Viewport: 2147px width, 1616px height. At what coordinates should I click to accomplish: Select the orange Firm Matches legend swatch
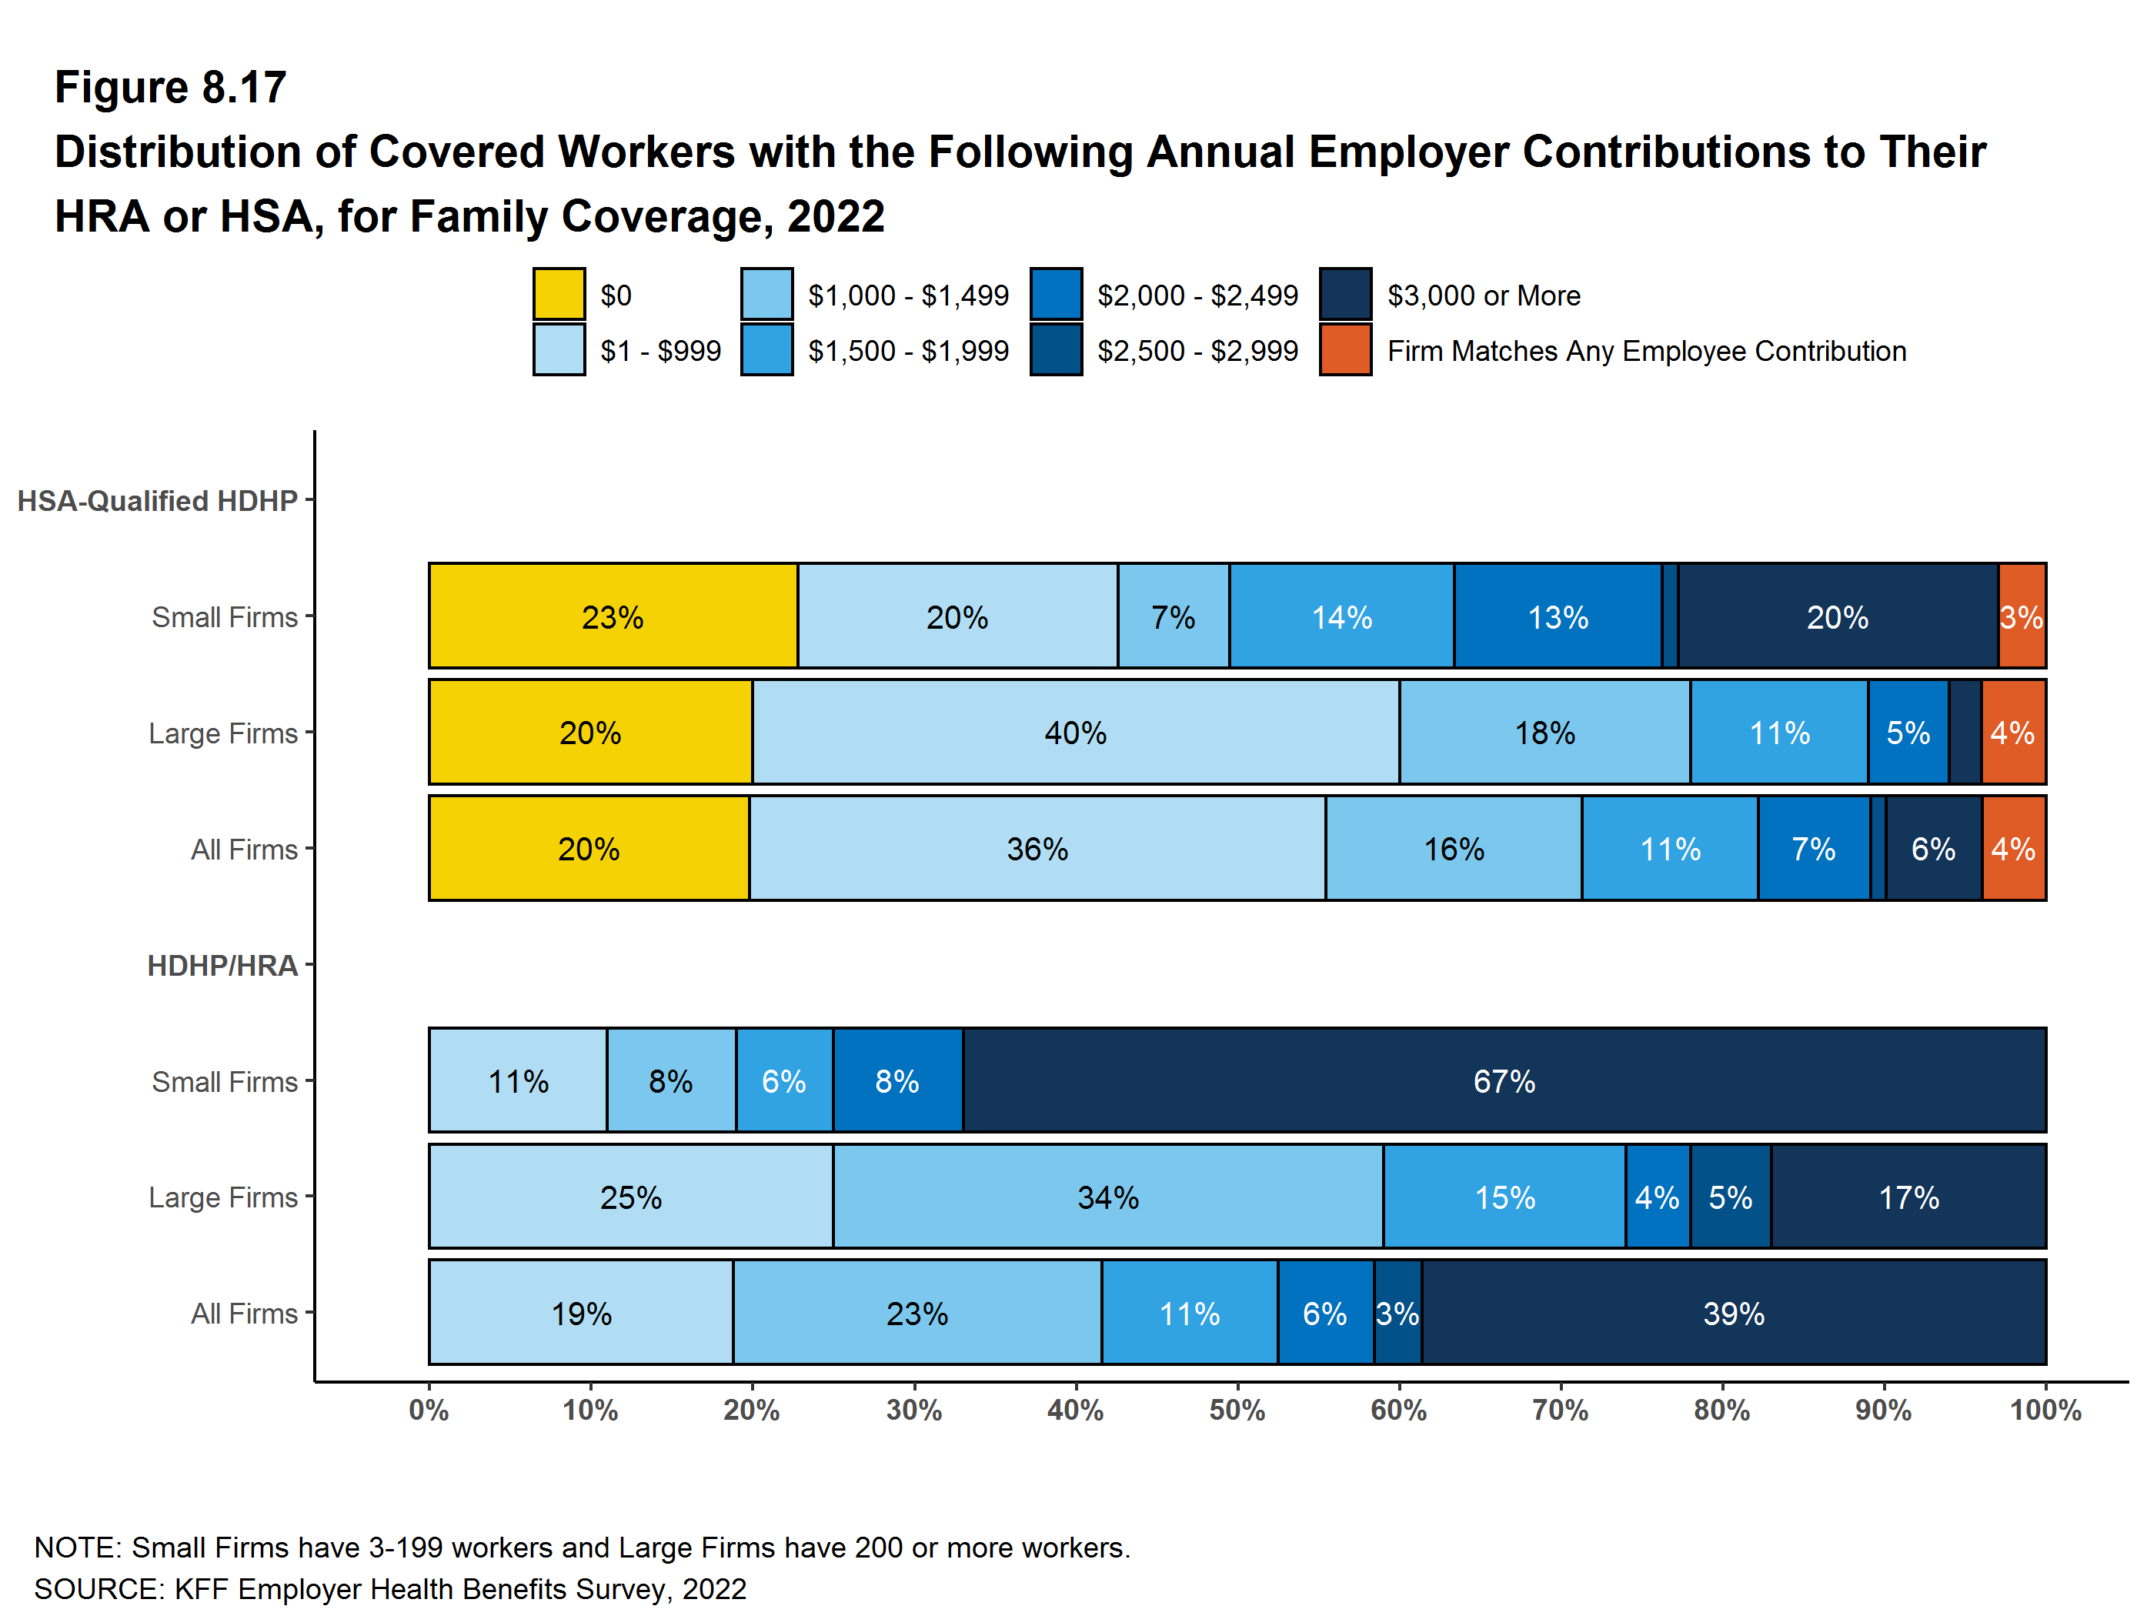click(1344, 349)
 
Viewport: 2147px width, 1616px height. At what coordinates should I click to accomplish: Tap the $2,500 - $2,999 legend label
click(1197, 350)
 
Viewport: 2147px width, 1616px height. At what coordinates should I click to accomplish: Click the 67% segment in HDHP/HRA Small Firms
click(1504, 1080)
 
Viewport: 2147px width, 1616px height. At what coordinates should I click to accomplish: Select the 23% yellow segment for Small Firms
click(613, 616)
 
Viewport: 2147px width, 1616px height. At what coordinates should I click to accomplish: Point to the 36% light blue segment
click(1037, 848)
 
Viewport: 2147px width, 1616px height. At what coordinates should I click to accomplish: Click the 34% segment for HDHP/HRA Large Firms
click(1107, 1197)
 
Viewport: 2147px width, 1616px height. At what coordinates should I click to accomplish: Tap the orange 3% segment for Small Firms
click(2022, 616)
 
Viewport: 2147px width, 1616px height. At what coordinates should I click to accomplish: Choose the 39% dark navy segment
click(1734, 1313)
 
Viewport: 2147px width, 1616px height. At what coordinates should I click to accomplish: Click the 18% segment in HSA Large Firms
click(1544, 732)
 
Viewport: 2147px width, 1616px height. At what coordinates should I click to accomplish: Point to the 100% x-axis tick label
click(2044, 1409)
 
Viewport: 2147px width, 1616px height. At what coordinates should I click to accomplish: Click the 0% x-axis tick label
click(429, 1409)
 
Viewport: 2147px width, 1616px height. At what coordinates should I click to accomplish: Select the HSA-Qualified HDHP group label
click(157, 501)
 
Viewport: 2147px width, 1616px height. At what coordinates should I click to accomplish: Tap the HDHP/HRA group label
click(222, 966)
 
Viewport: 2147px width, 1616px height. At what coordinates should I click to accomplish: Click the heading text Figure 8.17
click(170, 88)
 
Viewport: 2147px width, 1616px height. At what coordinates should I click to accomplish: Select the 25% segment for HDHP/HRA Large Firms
click(630, 1197)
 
